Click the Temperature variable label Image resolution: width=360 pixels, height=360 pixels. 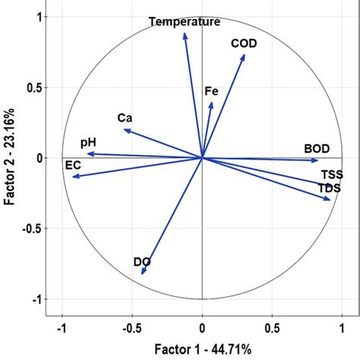coord(185,22)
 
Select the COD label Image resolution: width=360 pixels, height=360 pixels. coord(245,44)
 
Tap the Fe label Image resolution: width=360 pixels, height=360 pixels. coord(212,91)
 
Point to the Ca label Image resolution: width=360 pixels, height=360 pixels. coord(125,118)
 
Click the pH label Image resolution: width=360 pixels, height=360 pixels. coord(88,143)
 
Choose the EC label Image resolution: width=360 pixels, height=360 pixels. coord(73,165)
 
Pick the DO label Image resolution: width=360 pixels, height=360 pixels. coord(142,263)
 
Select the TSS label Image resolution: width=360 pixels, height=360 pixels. coord(332,174)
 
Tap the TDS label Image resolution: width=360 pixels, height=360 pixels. coord(329,188)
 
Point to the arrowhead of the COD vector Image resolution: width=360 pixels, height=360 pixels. coord(245,54)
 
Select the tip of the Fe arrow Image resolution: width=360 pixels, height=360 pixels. coord(211,102)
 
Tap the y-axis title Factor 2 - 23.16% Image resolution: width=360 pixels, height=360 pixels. coord(10,157)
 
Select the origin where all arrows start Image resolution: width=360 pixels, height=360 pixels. coord(202,158)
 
